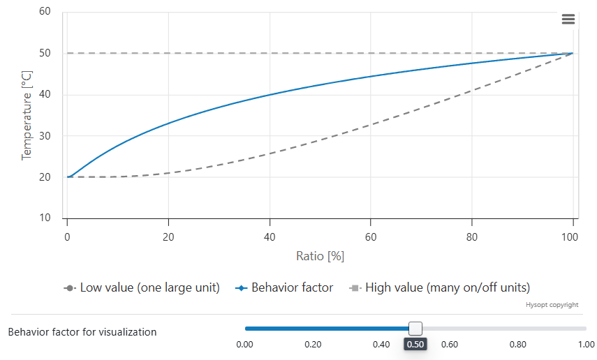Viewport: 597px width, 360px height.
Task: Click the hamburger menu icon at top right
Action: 568,20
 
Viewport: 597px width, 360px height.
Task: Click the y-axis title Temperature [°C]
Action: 27,114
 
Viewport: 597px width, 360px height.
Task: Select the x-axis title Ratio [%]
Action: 320,256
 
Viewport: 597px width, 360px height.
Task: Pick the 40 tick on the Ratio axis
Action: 269,236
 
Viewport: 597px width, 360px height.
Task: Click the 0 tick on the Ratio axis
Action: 67,236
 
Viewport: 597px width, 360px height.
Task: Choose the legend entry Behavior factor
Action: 292,287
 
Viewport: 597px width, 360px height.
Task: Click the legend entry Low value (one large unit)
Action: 149,287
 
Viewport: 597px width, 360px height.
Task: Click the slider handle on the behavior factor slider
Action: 415,329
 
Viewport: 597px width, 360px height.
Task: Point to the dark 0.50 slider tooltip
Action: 415,345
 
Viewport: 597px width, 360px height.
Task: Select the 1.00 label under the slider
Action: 586,344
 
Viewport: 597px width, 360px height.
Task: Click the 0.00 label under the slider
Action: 244,344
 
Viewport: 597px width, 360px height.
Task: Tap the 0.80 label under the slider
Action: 517,344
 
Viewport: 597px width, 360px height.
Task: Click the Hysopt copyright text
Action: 552,305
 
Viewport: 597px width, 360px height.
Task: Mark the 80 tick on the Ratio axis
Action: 472,236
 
